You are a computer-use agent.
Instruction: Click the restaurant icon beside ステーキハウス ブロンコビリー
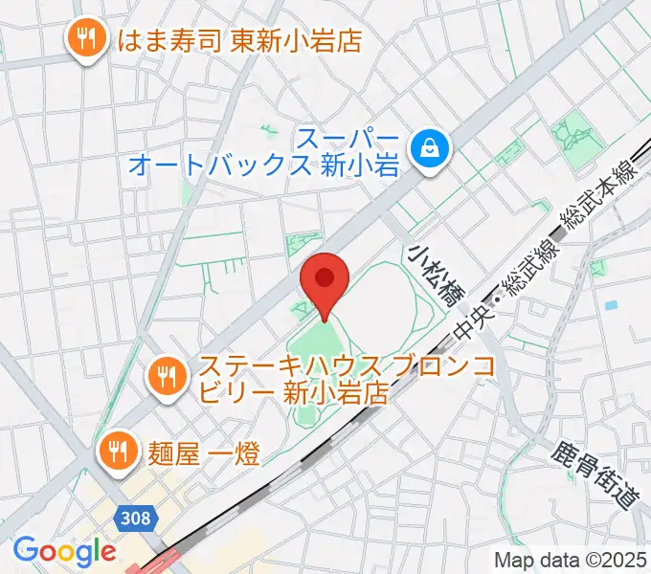pos(168,375)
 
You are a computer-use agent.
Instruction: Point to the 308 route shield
pos(136,518)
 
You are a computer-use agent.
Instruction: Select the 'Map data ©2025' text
pos(571,559)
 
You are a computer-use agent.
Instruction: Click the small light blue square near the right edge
pos(610,305)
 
